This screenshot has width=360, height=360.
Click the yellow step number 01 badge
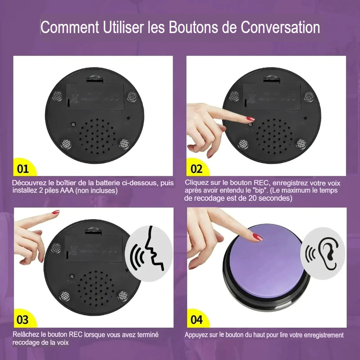(23, 169)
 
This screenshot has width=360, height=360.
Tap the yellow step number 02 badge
(197, 169)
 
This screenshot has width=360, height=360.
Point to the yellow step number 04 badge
(197, 320)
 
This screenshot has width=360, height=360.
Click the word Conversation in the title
(280, 28)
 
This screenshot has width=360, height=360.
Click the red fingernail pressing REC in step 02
(250, 119)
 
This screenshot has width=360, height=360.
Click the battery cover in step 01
(95, 96)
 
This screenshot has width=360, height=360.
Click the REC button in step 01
(73, 124)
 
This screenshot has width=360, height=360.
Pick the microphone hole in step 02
(305, 118)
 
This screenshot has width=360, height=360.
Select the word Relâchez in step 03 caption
(26, 334)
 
